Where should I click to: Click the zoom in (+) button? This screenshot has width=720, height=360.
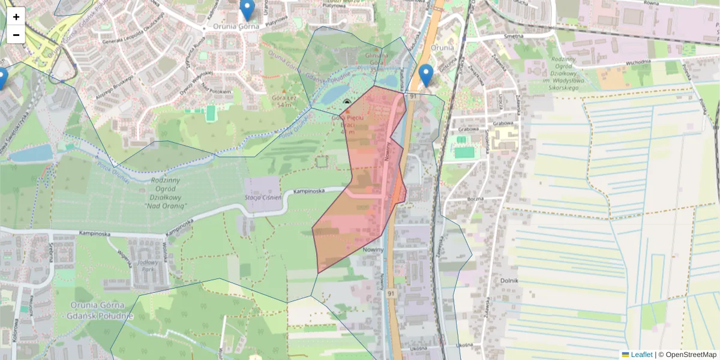[16, 17]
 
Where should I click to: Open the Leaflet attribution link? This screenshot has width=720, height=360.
[641, 355]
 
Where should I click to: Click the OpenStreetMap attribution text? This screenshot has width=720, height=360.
[691, 355]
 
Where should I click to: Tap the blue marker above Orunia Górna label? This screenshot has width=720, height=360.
[247, 8]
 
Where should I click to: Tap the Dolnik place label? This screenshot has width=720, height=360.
[508, 280]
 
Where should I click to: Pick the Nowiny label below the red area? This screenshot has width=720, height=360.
[373, 250]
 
